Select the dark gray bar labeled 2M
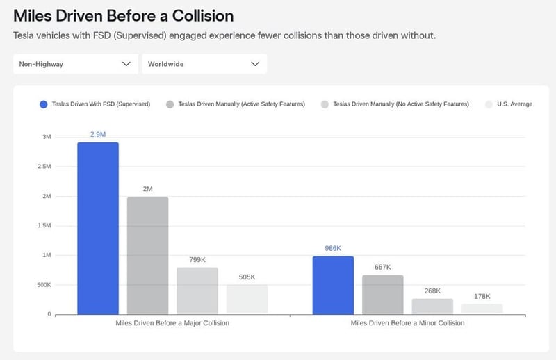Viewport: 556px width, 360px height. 147,255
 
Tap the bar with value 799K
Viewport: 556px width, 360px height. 197,291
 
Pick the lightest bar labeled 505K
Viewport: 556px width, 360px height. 247,299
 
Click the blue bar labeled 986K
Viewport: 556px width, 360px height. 333,285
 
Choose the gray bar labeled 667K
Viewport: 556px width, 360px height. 383,295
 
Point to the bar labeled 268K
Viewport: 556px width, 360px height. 432,306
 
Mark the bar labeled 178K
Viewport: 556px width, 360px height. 482,309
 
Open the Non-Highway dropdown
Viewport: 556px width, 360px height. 75,64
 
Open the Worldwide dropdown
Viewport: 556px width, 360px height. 204,64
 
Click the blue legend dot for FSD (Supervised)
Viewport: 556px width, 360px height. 44,104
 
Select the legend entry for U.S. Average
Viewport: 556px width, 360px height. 514,104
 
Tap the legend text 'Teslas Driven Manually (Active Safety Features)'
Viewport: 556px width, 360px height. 241,104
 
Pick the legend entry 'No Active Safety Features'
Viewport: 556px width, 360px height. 401,104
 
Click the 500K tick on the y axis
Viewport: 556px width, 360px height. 42,285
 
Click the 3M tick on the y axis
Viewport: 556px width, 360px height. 47,137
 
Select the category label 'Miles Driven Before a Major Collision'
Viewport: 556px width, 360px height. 172,323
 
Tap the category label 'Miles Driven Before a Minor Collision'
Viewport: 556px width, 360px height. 407,323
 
